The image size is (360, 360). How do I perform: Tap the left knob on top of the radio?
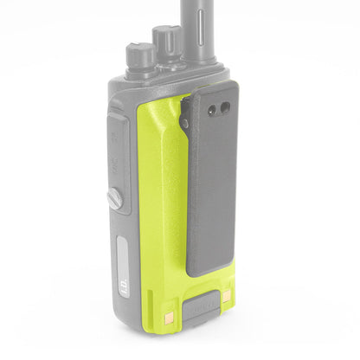[141, 55]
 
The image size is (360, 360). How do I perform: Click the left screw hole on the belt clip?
[212, 106]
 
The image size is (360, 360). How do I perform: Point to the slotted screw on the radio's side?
[114, 197]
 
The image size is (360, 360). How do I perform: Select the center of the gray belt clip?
[215, 182]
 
